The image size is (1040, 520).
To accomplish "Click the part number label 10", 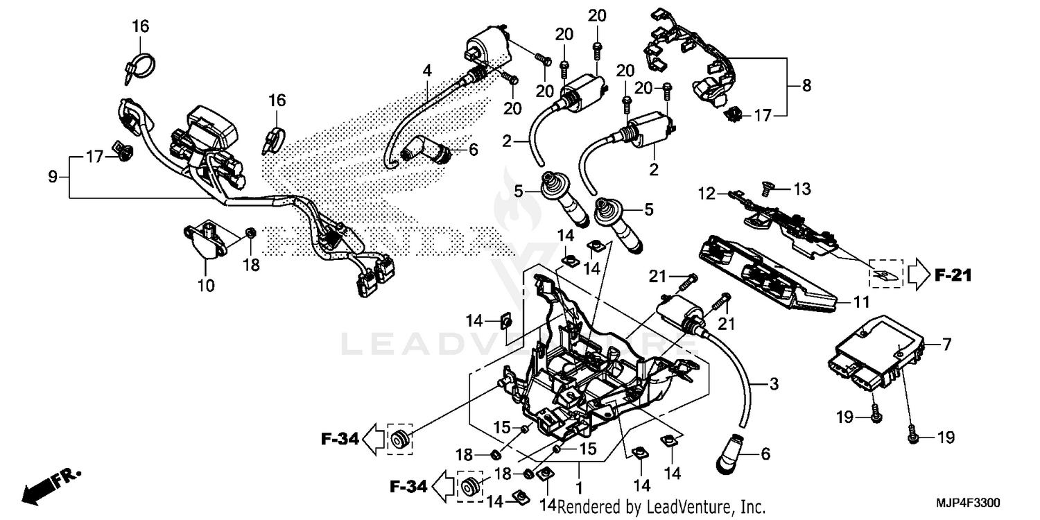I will point(206,285).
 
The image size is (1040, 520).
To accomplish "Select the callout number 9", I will point(53,177).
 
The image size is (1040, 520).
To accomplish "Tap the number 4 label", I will point(428,70).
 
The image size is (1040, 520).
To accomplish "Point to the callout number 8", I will point(806,86).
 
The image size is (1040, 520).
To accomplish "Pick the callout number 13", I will point(801,189).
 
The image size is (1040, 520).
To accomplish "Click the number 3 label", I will point(774,383).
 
